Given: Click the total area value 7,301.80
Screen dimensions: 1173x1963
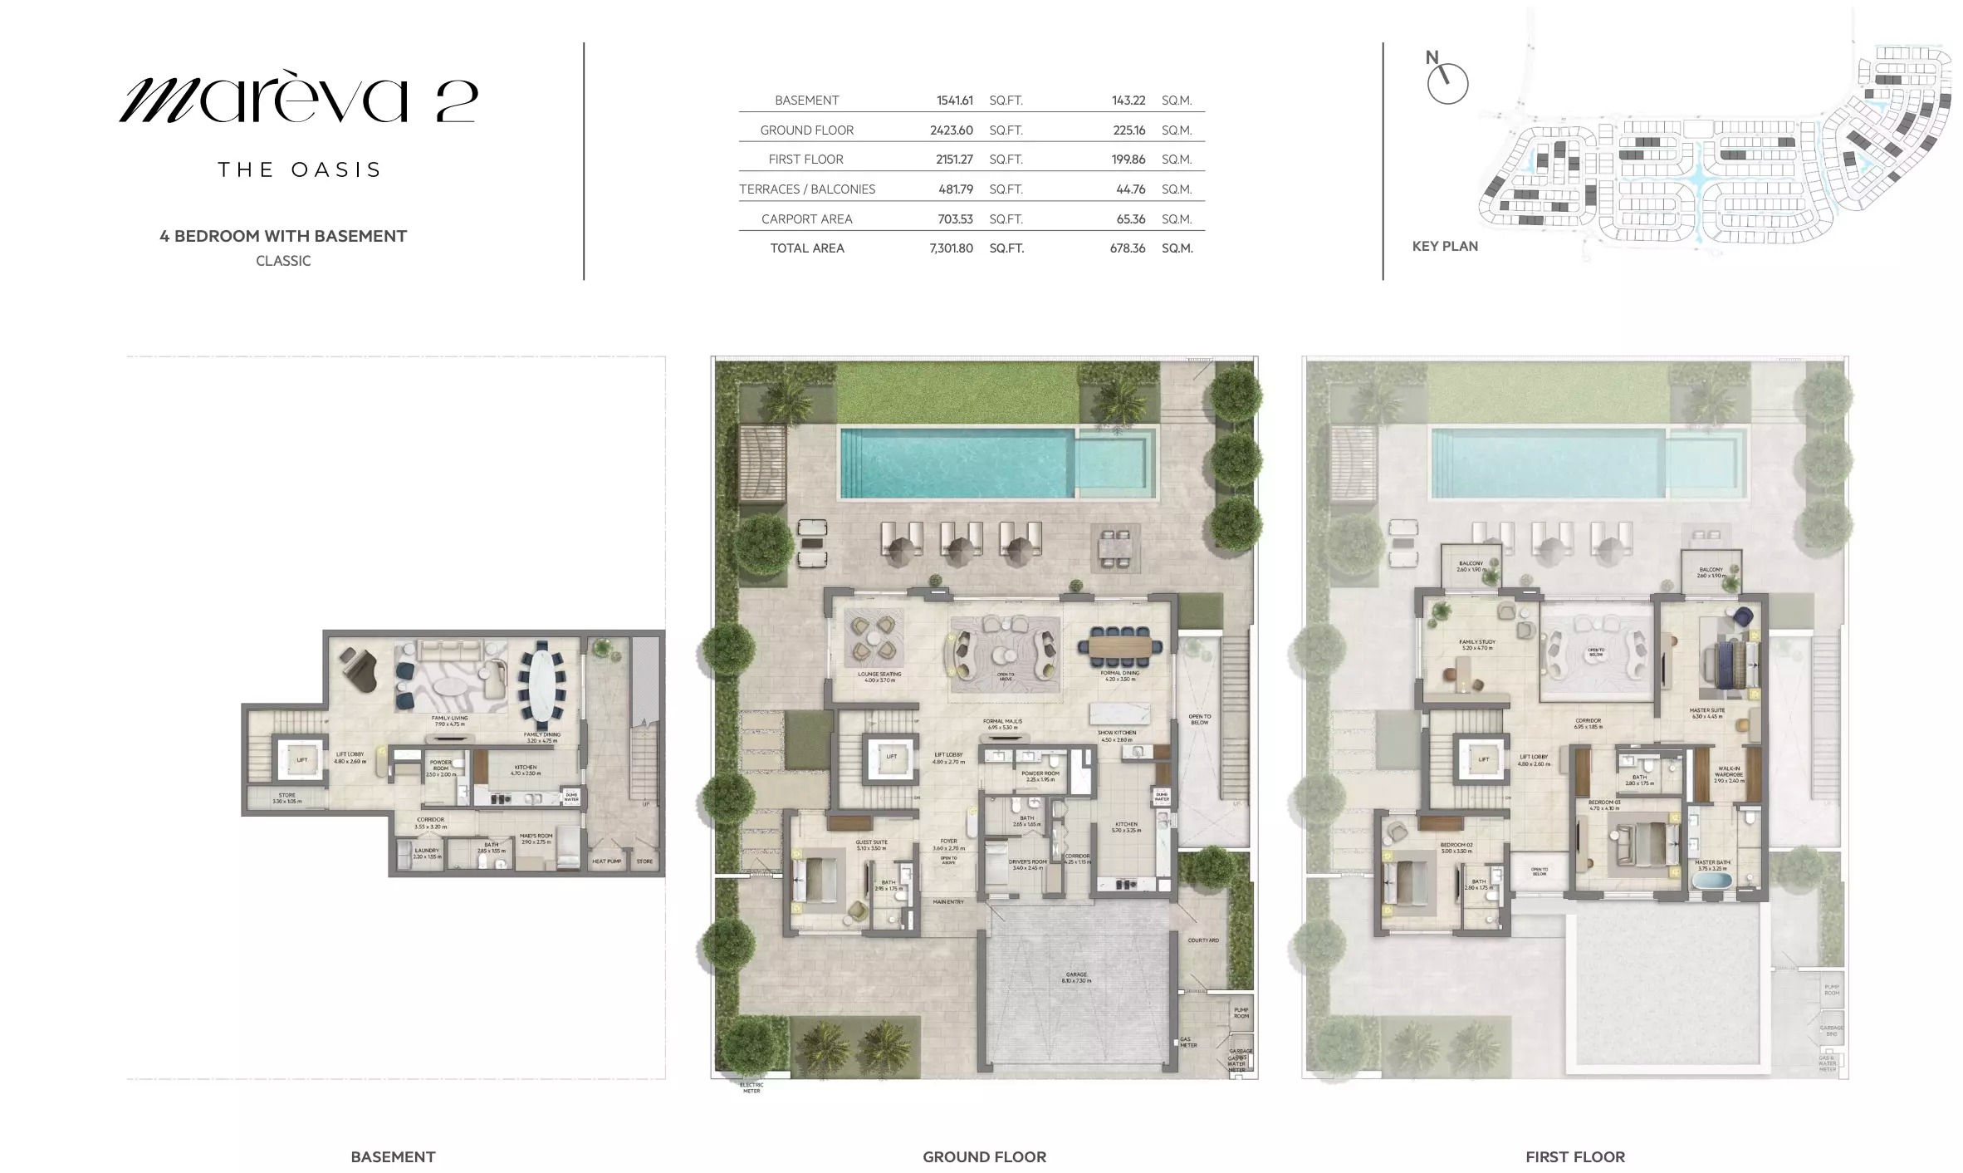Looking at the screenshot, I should pyautogui.click(x=951, y=248).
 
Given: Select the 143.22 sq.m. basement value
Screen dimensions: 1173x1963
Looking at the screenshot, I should pyautogui.click(x=1128, y=101).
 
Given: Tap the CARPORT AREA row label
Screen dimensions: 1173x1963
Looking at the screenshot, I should pyautogui.click(x=806, y=219).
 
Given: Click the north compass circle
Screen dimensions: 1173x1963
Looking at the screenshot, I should pyautogui.click(x=1447, y=84).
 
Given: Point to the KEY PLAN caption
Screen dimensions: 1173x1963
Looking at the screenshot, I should pyautogui.click(x=1445, y=247).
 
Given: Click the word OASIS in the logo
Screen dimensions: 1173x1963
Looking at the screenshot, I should pyautogui.click(x=335, y=170).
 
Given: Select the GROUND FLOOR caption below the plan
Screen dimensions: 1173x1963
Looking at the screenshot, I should pyautogui.click(x=984, y=1156).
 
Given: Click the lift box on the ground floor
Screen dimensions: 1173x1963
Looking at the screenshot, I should pyautogui.click(x=891, y=758).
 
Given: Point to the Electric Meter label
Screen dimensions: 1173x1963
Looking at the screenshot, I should pyautogui.click(x=751, y=1087).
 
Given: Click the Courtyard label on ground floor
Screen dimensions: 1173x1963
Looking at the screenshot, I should pyautogui.click(x=1202, y=940).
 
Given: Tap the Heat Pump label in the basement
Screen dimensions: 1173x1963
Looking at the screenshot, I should pyautogui.click(x=606, y=861).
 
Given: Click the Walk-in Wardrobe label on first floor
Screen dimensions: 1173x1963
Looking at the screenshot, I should pyautogui.click(x=1729, y=772).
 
